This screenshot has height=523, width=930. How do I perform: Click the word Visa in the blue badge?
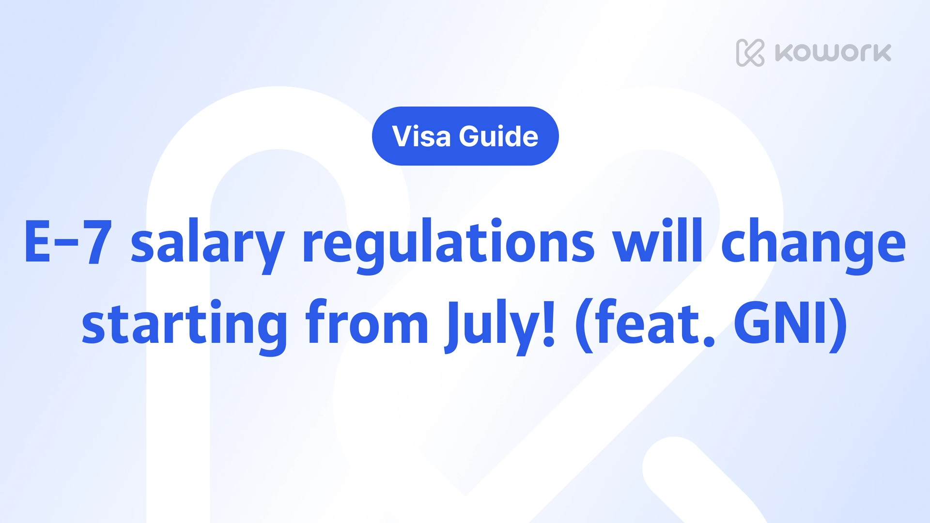point(421,136)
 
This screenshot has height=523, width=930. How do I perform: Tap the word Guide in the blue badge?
point(498,136)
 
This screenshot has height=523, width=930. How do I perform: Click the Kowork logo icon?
point(750,52)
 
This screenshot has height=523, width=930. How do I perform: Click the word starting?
point(185,327)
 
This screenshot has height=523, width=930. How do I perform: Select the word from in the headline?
point(367,322)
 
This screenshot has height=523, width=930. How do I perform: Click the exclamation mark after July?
point(549,323)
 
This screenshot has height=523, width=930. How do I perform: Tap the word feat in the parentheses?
point(644,322)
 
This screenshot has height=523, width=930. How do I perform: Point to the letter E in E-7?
point(38,241)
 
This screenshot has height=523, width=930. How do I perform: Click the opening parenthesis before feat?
point(584,325)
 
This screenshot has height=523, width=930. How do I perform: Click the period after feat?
point(709,339)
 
